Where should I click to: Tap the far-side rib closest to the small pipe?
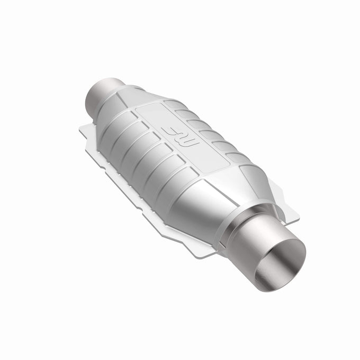pyautogui.click(x=183, y=113)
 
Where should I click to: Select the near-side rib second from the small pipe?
pyautogui.click(x=127, y=142)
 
